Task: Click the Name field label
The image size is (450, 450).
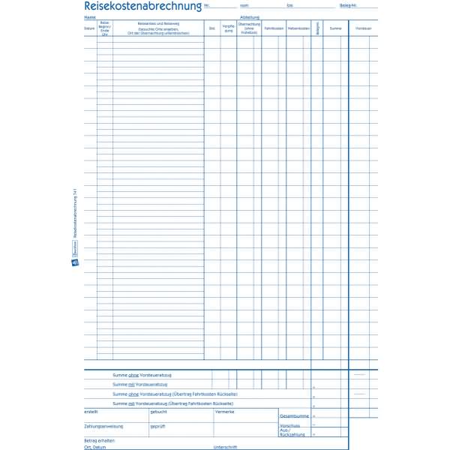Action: click(x=90, y=16)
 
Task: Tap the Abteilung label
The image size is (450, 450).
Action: click(x=250, y=16)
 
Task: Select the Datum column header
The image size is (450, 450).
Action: click(x=90, y=28)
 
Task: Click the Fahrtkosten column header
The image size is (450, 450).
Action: click(x=274, y=28)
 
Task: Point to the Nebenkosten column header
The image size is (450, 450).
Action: click(x=298, y=28)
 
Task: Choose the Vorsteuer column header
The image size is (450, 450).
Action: click(x=364, y=28)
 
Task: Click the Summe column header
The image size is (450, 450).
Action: click(x=335, y=28)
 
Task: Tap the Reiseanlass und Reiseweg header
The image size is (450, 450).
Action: click(x=158, y=25)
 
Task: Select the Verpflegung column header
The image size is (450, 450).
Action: click(x=229, y=28)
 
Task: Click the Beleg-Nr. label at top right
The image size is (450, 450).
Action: click(x=349, y=5)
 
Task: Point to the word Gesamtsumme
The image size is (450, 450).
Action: click(x=294, y=415)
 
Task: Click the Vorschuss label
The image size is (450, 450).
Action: click(x=289, y=424)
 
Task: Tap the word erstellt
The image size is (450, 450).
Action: click(x=91, y=412)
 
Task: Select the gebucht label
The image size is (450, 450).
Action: click(x=158, y=412)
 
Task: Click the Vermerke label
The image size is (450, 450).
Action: click(x=225, y=412)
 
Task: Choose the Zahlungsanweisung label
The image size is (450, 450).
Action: click(x=103, y=426)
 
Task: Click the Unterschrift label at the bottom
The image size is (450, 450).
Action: click(x=226, y=447)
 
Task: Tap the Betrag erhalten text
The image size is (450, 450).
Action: click(x=100, y=440)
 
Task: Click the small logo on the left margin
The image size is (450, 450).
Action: click(x=75, y=262)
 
